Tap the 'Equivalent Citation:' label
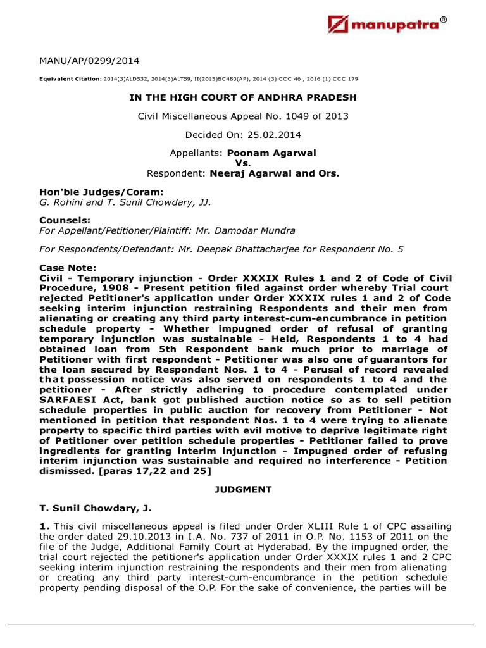click(65, 79)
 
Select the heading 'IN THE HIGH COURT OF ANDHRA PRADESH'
click(243, 97)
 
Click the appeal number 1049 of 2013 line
click(243, 116)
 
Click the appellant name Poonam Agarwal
click(263, 153)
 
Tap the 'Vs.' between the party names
click(243, 163)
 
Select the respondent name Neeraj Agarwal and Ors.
click(275, 173)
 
